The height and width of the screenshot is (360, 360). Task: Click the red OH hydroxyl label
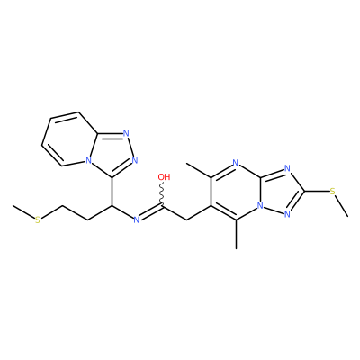[x=164, y=177]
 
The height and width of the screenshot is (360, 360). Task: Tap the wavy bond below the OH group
[x=163, y=194]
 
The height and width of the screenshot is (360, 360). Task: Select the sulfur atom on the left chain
[x=38, y=220]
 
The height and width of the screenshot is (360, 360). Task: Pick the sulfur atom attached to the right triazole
[x=332, y=191]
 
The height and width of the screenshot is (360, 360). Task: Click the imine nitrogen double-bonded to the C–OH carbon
[x=137, y=220]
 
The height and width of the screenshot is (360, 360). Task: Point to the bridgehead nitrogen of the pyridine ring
[x=87, y=160]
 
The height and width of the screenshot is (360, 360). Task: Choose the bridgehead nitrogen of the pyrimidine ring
[x=260, y=206]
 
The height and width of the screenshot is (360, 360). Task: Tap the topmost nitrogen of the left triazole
[x=126, y=134]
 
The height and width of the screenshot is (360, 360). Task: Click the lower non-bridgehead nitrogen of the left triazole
[x=135, y=160]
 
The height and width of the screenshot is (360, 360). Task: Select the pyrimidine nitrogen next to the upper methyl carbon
[x=236, y=163]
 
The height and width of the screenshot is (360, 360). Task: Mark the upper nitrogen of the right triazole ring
[x=288, y=168]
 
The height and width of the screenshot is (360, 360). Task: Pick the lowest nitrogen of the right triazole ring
[x=288, y=214]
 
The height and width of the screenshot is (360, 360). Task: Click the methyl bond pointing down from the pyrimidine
[x=237, y=235]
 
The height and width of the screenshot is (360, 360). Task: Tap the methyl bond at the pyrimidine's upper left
[x=199, y=170]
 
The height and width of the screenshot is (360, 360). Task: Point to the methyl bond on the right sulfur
[x=342, y=206]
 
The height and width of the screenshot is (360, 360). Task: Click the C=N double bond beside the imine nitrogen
[x=151, y=212]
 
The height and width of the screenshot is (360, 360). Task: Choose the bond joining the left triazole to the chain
[x=112, y=192]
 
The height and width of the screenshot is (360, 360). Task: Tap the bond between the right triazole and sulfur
[x=317, y=191]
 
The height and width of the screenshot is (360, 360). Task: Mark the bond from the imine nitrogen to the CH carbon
[x=122, y=212]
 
